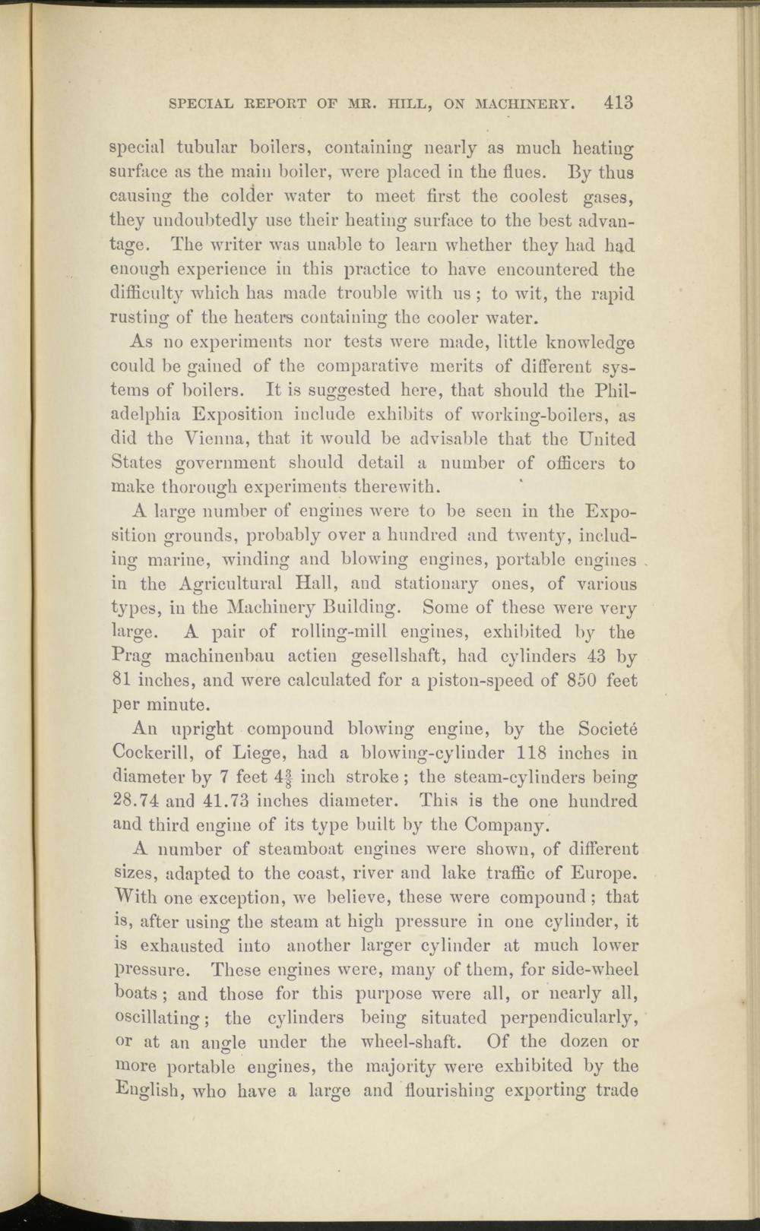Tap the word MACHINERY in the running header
point(524,104)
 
